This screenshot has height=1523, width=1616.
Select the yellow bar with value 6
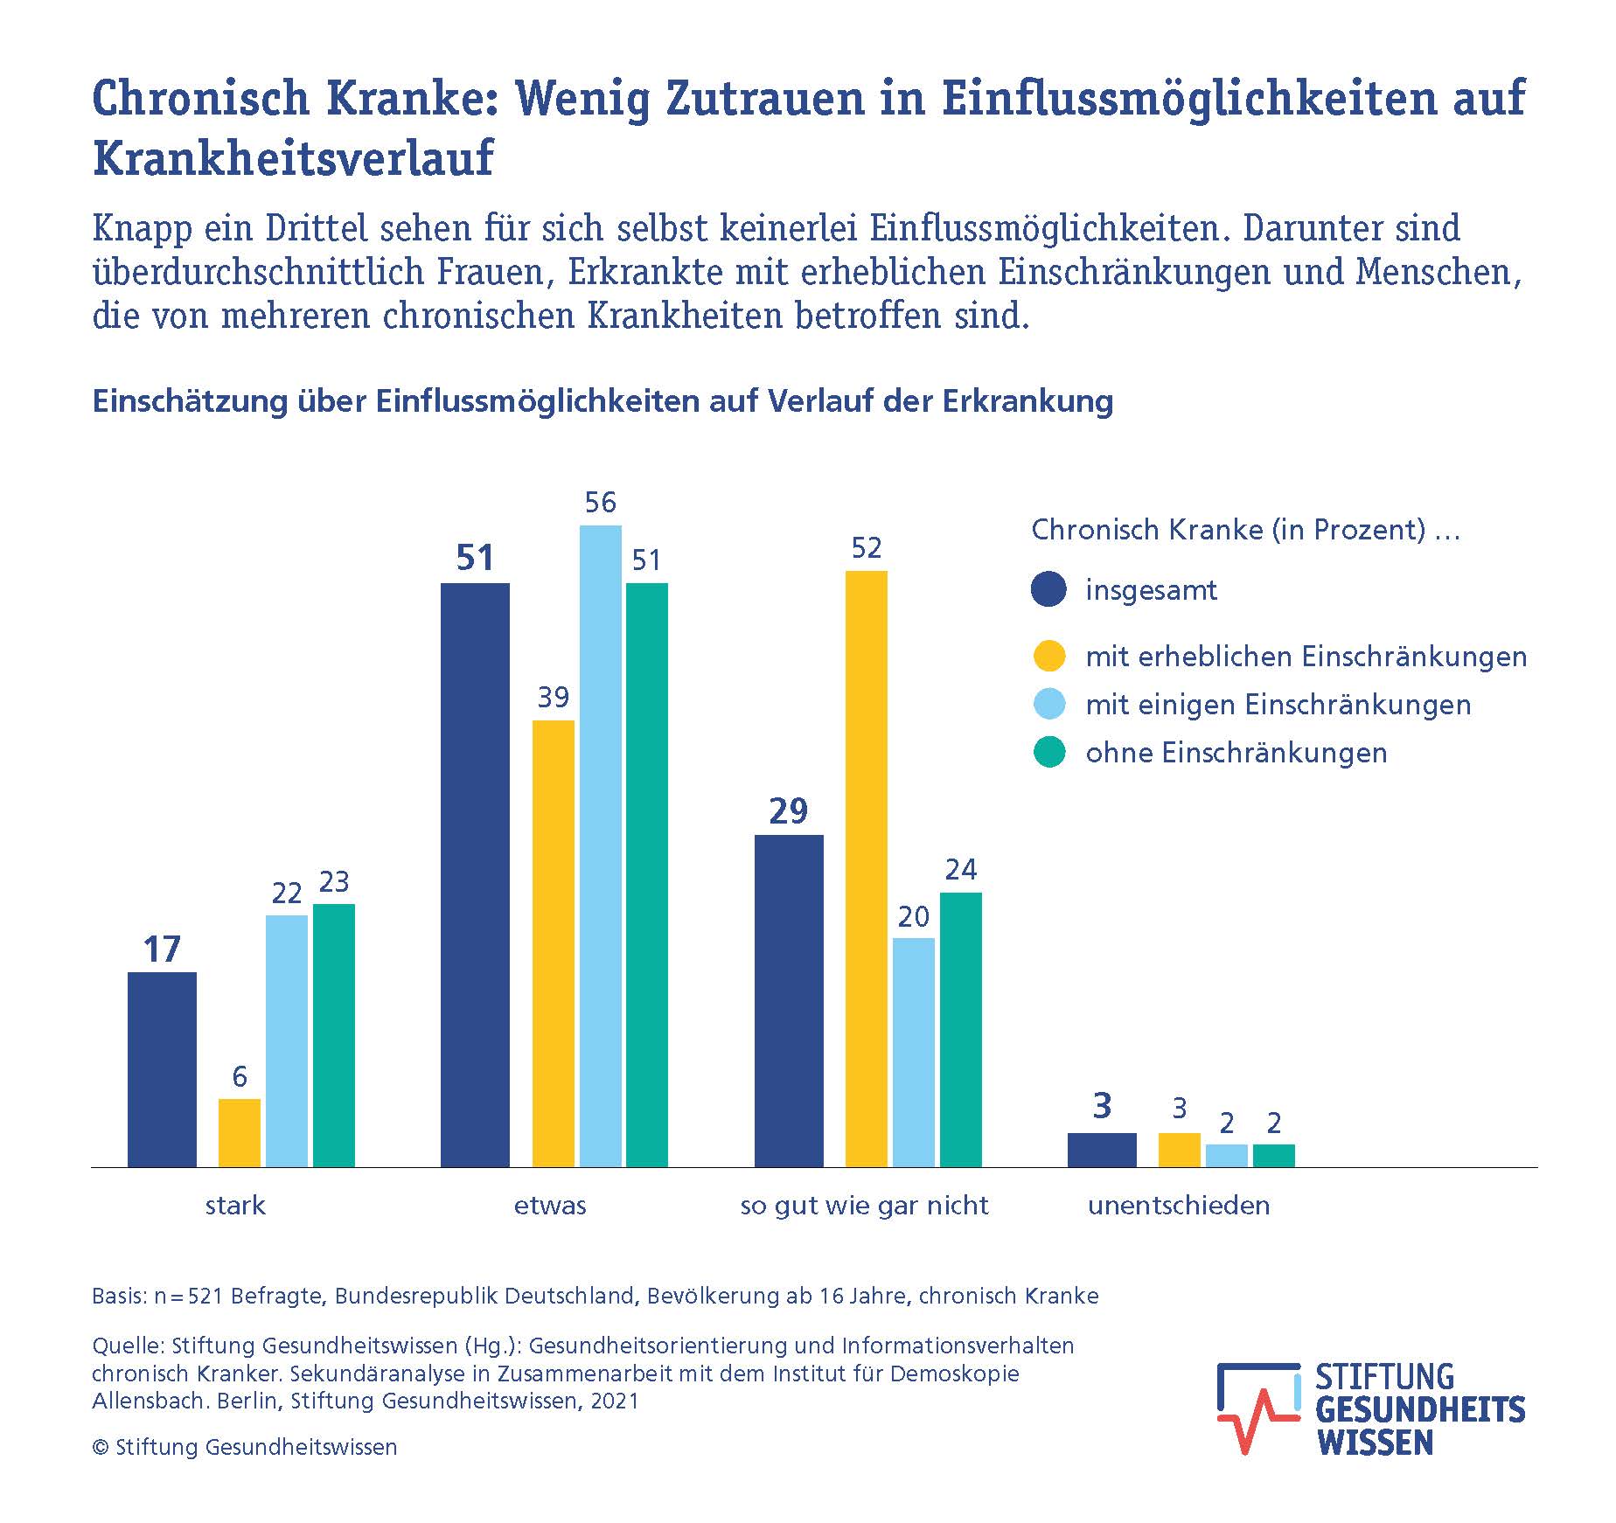coord(240,1132)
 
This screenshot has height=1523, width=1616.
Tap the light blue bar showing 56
coord(601,845)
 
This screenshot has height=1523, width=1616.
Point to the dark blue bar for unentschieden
coord(1102,1150)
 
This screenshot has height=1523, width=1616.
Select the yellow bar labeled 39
coord(554,943)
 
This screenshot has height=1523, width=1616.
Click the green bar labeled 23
coord(334,1035)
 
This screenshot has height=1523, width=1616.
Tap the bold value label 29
coord(789,812)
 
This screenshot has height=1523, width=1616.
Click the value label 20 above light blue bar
coord(914,916)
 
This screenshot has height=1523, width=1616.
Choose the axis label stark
coord(235,1206)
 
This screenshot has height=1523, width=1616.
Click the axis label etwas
coord(550,1206)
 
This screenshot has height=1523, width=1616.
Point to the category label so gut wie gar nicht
coord(864,1206)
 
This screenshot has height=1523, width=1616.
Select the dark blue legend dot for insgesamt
coord(1049,589)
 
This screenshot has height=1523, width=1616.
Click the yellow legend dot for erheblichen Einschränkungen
coord(1049,656)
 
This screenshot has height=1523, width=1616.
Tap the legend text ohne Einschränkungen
coord(1236,753)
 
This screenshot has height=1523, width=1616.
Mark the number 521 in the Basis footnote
coord(205,1296)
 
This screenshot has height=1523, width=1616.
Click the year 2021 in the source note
coord(615,1401)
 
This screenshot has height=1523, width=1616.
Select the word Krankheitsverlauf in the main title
coord(294,158)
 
